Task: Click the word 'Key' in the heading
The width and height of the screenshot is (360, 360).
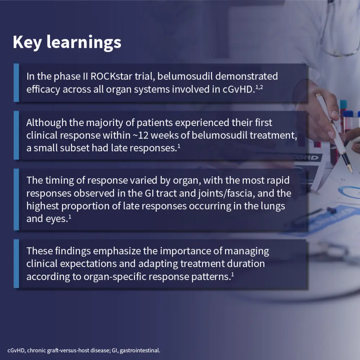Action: (27, 42)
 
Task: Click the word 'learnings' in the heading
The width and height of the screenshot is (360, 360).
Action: (84, 42)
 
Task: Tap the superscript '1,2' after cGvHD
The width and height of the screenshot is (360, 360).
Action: (259, 87)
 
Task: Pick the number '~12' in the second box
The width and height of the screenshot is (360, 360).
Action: (140, 135)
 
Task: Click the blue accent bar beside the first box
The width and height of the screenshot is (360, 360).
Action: (16, 83)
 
